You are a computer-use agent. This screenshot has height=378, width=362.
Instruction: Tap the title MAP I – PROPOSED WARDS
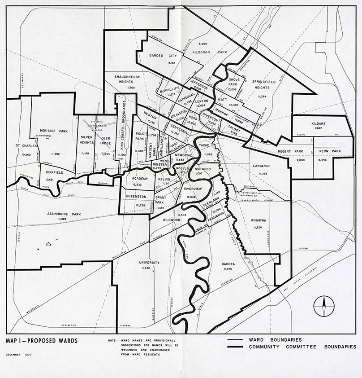pos(42,341)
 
